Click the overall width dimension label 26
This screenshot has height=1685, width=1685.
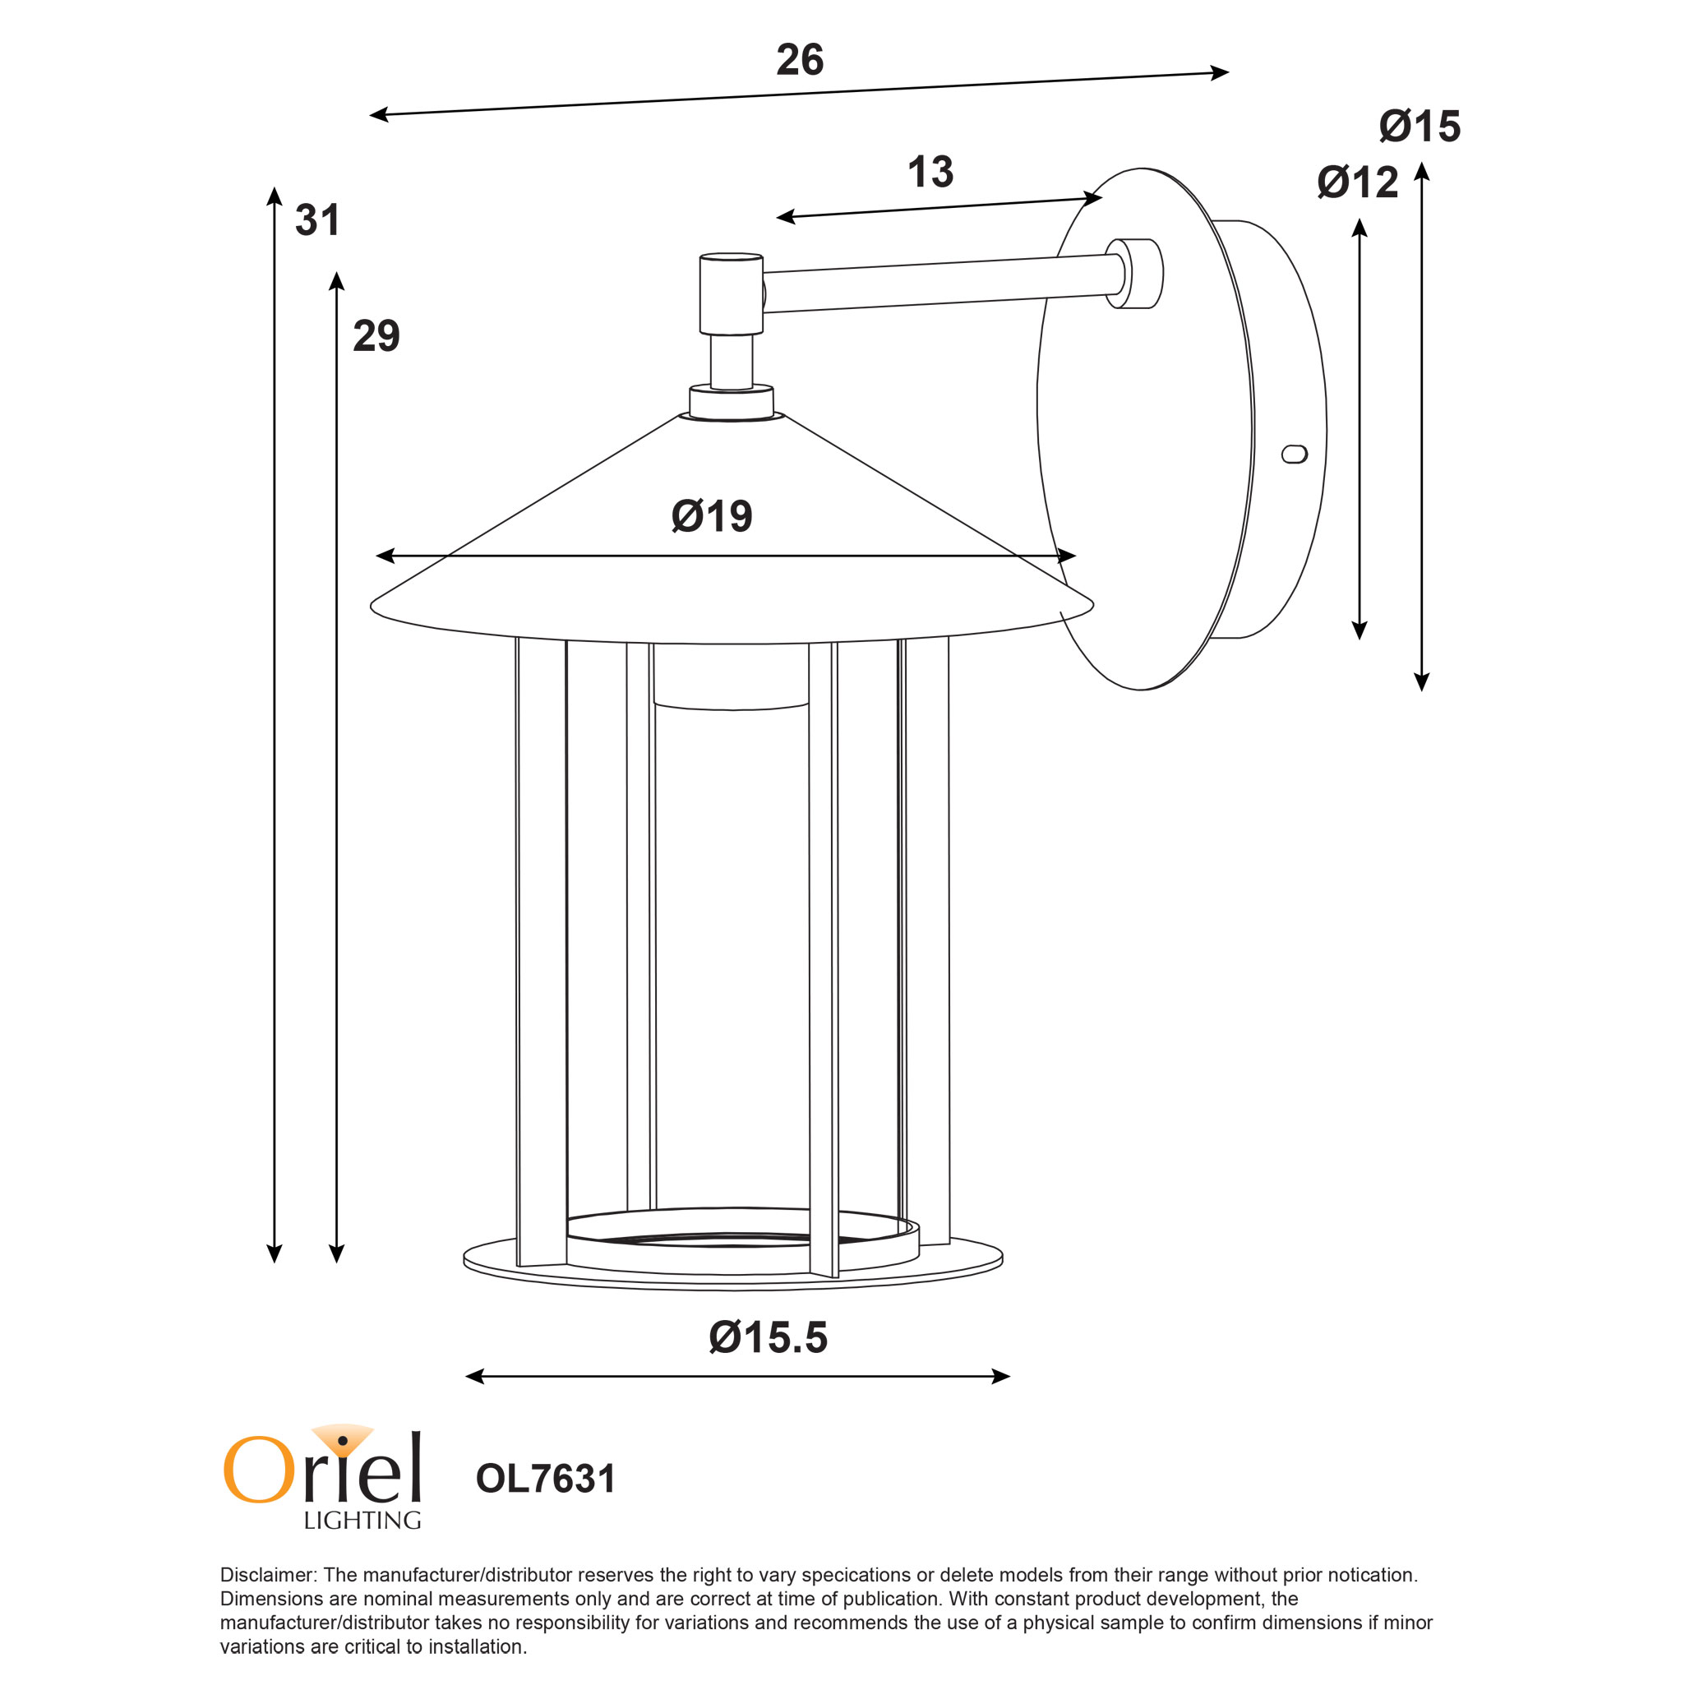[800, 60]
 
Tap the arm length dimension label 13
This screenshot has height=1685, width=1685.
[930, 172]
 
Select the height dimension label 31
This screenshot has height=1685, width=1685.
[316, 219]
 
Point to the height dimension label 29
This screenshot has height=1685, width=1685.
[376, 336]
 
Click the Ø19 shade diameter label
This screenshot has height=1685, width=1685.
[712, 516]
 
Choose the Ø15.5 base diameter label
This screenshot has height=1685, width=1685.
[769, 1337]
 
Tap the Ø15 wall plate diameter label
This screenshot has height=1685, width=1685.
[1420, 127]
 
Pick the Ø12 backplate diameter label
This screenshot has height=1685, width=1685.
[1358, 182]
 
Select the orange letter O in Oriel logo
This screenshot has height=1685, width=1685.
[259, 1470]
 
